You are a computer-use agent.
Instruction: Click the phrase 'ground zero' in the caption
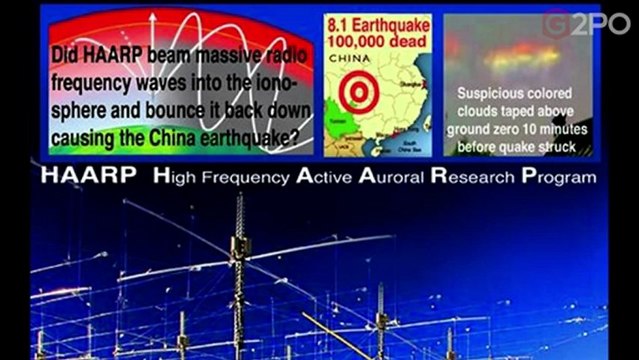pos(492,131)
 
